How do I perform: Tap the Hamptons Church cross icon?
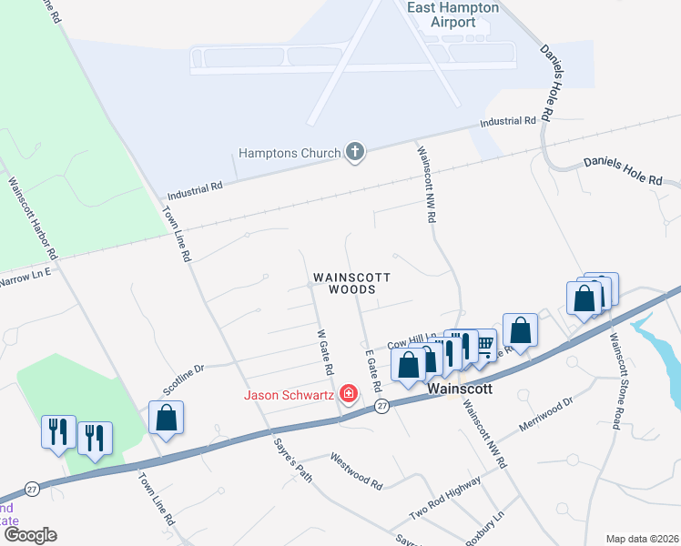pyautogui.click(x=355, y=153)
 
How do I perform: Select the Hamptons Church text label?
pyautogui.click(x=290, y=154)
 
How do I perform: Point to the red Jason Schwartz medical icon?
pyautogui.click(x=348, y=394)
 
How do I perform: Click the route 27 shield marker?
pyautogui.click(x=383, y=407)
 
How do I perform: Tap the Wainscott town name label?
pyautogui.click(x=460, y=388)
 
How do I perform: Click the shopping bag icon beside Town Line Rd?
pyautogui.click(x=167, y=418)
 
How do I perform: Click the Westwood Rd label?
pyautogui.click(x=356, y=470)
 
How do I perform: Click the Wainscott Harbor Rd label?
pyautogui.click(x=33, y=216)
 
